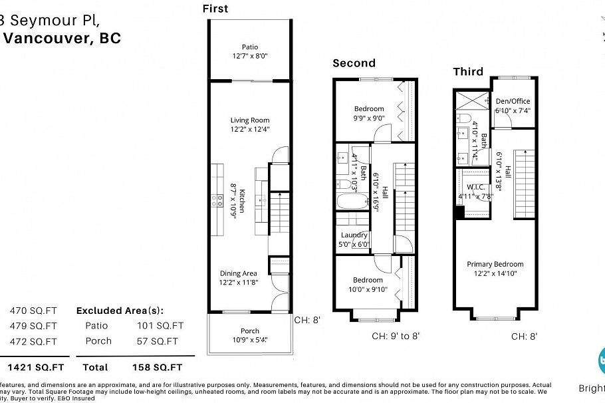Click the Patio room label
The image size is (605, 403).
pos(250,47)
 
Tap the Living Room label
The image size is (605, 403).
pos(250,120)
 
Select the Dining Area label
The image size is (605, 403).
pos(239,273)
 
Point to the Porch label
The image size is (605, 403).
pos(250,331)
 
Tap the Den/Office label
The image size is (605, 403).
pos(513,102)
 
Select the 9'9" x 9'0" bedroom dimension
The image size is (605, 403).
pos(368,118)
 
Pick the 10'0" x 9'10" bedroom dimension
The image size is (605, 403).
pos(368,289)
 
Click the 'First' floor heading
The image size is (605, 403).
pos(215,9)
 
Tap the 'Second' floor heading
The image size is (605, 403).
pos(354,63)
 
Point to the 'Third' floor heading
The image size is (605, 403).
pos(468,72)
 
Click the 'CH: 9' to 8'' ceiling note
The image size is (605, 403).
pos(396,336)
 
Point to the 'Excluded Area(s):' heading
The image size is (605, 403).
pos(120,311)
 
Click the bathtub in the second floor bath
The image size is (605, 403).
pos(350,202)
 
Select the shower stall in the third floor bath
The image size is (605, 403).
pos(472,102)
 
